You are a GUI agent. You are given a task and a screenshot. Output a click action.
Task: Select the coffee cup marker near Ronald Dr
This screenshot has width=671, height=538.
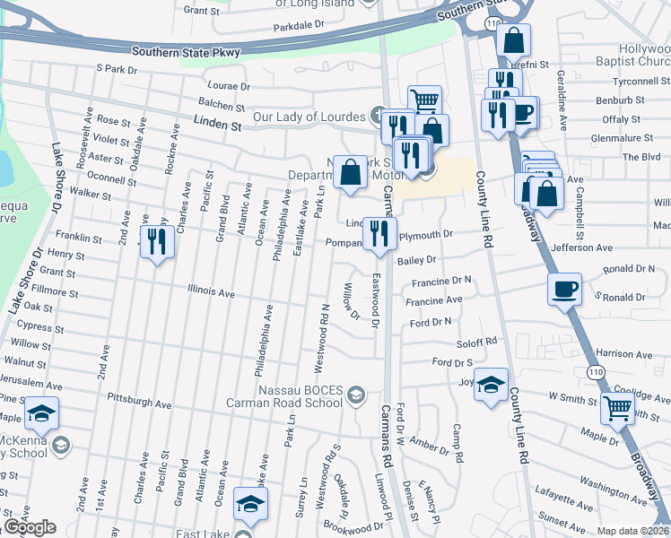564,289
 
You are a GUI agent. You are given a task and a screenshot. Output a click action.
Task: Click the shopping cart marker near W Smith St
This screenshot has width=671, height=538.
618,408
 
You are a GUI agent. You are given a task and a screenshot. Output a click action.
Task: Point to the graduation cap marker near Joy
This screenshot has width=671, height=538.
491,384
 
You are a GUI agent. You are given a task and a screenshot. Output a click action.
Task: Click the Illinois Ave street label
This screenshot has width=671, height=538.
211,292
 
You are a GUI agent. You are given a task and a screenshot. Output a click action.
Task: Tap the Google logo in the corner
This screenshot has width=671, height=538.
30,527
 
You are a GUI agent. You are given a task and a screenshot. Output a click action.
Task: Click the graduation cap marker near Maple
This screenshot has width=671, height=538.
41,412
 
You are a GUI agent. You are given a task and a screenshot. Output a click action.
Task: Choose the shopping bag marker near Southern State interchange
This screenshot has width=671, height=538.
513,39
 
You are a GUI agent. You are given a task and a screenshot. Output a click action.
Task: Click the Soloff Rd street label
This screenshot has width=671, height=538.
477,342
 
